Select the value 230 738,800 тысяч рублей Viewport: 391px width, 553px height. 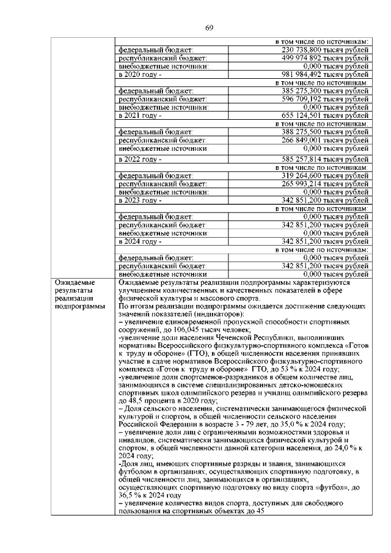325,49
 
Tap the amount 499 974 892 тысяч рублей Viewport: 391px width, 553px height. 325,57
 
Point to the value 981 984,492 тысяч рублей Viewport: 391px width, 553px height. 325,74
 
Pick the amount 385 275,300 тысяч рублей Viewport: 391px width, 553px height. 325,90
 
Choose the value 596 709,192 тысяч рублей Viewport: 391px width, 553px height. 325,98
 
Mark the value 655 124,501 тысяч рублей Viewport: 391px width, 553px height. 325,115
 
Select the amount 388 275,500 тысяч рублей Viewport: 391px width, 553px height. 325,131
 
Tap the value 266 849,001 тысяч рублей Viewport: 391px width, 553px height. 325,139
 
